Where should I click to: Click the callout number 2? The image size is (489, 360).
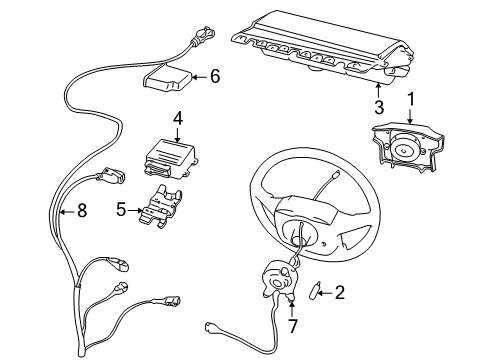[339, 292]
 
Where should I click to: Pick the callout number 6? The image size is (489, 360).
[214, 75]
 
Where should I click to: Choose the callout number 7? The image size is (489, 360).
[292, 327]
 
